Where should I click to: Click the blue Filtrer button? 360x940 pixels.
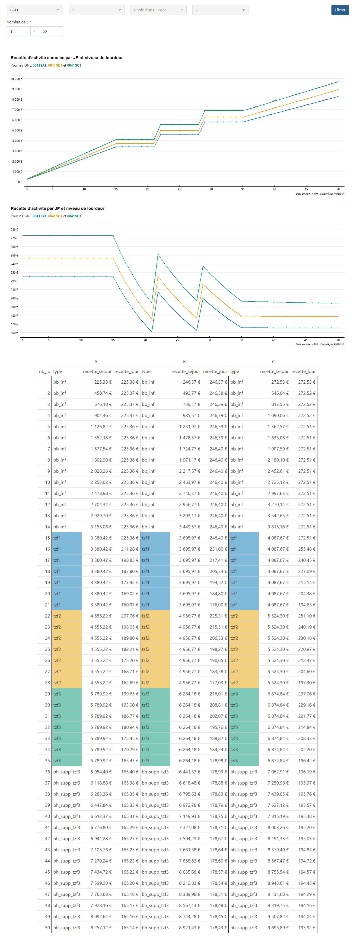(x=340, y=10)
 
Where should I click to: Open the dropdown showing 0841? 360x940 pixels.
(x=35, y=10)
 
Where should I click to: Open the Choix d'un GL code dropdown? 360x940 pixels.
(x=158, y=10)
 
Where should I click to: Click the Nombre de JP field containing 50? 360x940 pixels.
(x=51, y=31)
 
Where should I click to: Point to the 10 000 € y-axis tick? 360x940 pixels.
(x=16, y=79)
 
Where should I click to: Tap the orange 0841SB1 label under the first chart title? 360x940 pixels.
(x=55, y=66)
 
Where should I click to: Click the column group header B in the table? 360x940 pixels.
(x=184, y=362)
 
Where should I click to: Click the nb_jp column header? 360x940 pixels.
(x=45, y=372)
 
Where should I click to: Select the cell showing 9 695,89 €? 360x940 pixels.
(x=278, y=928)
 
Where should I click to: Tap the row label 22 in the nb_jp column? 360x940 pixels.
(x=48, y=616)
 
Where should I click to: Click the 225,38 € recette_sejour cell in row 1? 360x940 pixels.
(x=103, y=382)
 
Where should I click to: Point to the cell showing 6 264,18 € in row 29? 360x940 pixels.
(x=190, y=694)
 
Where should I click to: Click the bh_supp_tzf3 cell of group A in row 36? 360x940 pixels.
(x=67, y=772)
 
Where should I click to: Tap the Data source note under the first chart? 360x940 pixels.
(x=320, y=194)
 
